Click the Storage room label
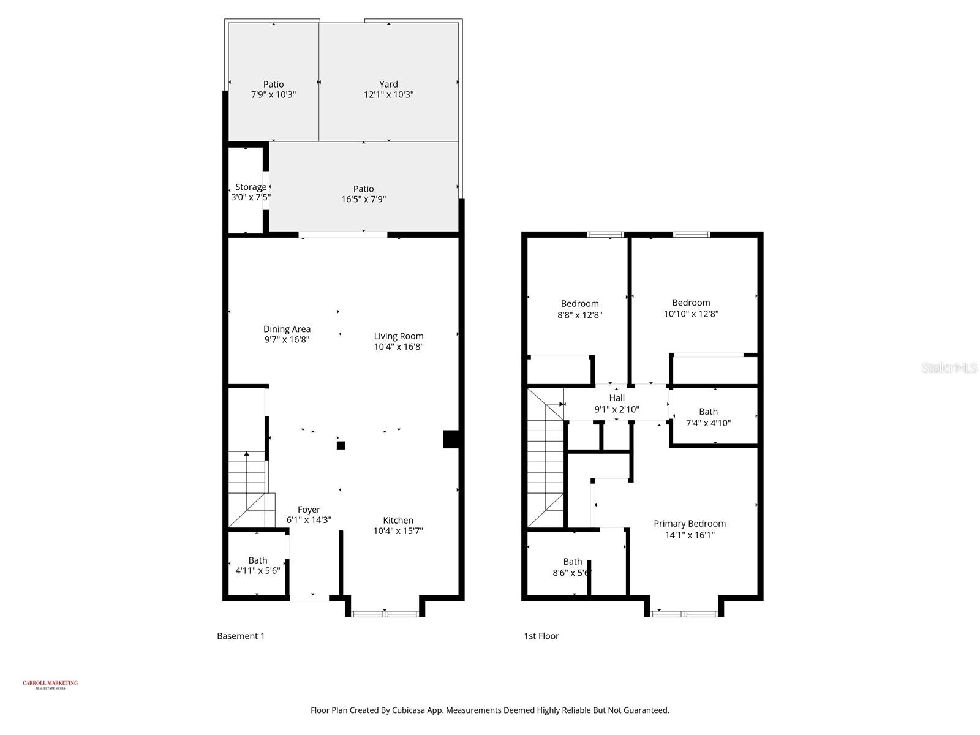251,187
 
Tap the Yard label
388,85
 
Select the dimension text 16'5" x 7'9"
363,199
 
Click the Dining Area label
287,329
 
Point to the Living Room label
399,336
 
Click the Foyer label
309,510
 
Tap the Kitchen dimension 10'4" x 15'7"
398,531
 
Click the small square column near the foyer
341,445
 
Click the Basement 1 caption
241,636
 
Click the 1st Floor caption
541,636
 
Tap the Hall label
617,398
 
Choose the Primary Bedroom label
690,524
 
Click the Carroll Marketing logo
50,684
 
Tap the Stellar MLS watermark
950,368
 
